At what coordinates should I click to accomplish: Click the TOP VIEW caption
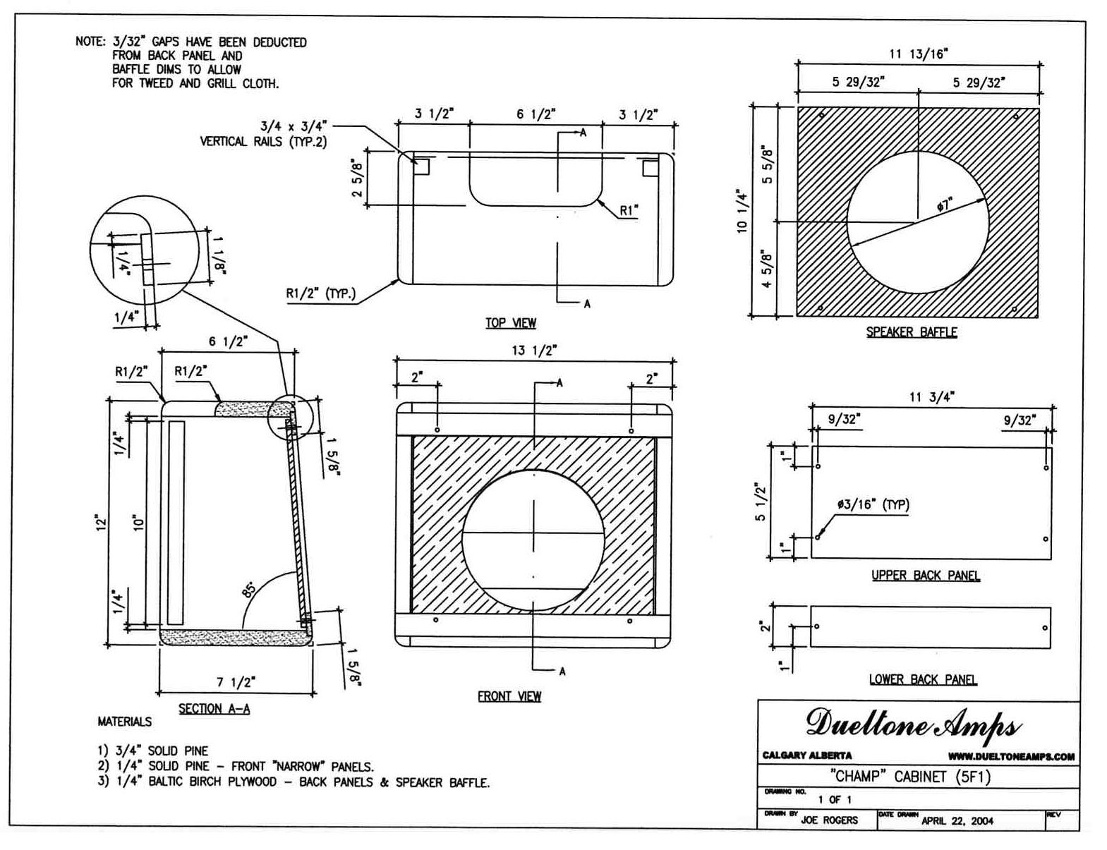(510, 323)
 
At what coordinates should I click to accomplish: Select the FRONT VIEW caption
(509, 696)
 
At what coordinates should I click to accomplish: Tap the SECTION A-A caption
(214, 709)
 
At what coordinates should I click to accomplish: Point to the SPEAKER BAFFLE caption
(911, 332)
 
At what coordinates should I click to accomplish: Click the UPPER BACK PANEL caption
(925, 576)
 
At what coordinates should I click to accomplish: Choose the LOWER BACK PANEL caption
(922, 680)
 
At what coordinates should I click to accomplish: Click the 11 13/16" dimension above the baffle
(918, 54)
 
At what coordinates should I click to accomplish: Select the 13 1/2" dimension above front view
(534, 351)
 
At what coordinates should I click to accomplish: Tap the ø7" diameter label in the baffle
(944, 205)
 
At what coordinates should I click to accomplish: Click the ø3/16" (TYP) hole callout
(873, 505)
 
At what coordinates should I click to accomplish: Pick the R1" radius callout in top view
(629, 210)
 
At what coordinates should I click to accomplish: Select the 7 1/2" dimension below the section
(236, 682)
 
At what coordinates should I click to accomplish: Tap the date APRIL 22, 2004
(957, 820)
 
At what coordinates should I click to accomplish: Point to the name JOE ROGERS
(829, 820)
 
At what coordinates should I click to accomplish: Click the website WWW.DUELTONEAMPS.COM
(1010, 757)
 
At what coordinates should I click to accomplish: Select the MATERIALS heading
(124, 722)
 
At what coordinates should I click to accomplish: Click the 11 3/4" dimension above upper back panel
(931, 397)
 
